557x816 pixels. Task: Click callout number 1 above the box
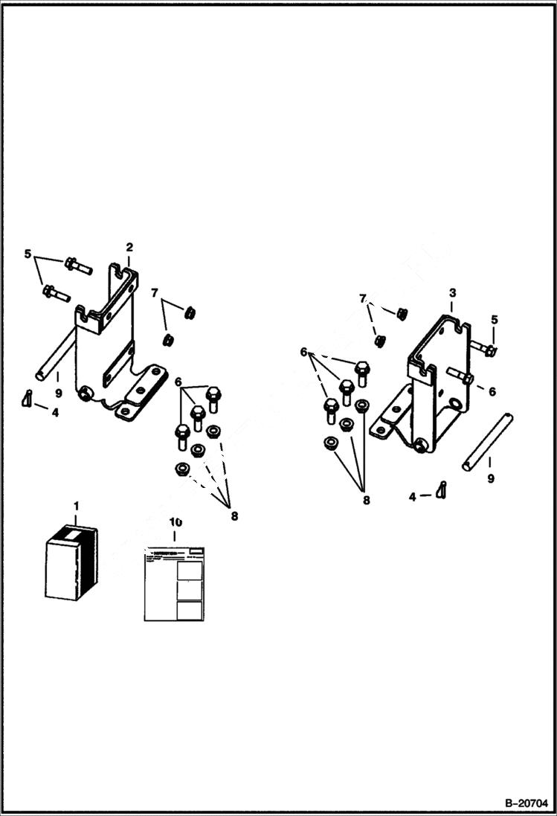(x=76, y=507)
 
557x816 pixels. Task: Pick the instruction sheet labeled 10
(x=174, y=585)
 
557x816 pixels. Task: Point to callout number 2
(x=129, y=247)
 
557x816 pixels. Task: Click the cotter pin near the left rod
(x=28, y=399)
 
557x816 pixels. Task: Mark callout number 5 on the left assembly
(x=28, y=254)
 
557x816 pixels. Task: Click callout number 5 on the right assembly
(x=495, y=320)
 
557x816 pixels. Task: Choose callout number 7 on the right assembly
(x=363, y=299)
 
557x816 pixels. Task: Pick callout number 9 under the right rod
(x=490, y=479)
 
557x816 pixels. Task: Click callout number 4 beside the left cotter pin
(x=55, y=411)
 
